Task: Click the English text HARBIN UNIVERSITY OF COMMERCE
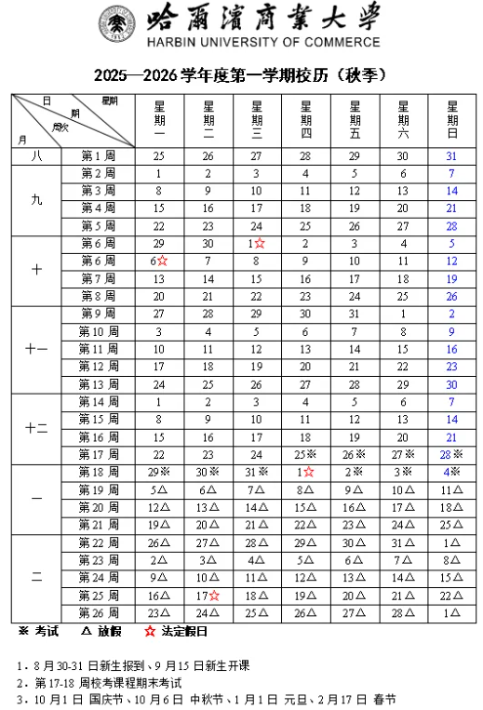pos(263,42)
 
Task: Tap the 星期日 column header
pos(451,118)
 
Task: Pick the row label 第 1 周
pos(97,156)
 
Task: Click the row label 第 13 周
pos(97,384)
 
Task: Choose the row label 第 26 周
pos(97,613)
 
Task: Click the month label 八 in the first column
pos(36,156)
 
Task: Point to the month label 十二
pos(36,429)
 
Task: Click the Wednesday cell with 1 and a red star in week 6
pos(258,244)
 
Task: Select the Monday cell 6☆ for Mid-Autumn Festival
pos(159,261)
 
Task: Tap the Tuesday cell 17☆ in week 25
pos(208,596)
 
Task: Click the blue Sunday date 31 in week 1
pos(451,156)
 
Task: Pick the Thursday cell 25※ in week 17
pos(306,455)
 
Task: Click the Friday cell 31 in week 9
pos(354,314)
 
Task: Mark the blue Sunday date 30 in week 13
pos(451,384)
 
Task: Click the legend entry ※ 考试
pos(40,632)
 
